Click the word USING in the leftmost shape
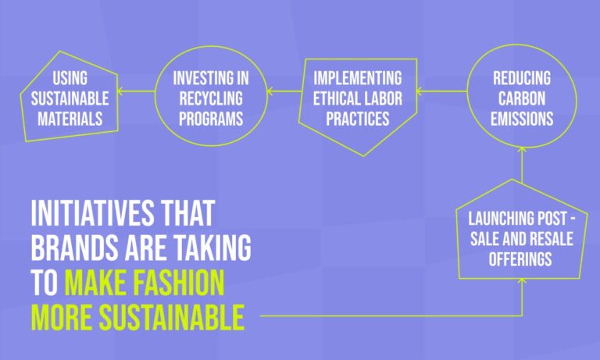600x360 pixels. [70, 78]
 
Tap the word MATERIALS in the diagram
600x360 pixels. [70, 119]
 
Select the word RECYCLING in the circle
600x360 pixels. [211, 98]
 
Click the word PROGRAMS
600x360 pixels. [211, 119]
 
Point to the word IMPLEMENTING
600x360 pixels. [358, 78]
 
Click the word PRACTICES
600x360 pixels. [358, 119]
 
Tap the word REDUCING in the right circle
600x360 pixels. [522, 78]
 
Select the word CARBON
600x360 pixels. [522, 98]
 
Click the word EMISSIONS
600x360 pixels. [522, 119]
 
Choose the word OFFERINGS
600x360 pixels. [520, 259]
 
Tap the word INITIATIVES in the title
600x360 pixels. [93, 213]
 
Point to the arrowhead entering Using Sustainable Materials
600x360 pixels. [120, 91]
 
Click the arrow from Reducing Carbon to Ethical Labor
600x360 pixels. [441, 91]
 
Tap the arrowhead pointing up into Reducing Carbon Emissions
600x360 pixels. [522, 150]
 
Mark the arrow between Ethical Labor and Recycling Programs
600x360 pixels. [285, 91]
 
